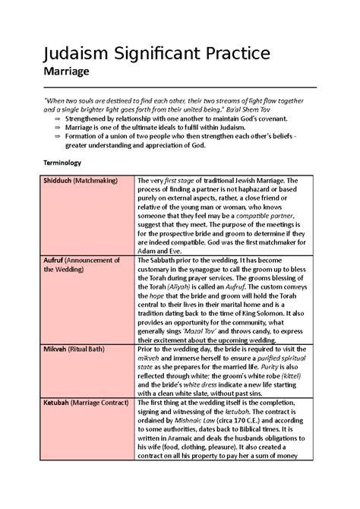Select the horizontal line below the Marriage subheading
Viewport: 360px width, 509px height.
179,87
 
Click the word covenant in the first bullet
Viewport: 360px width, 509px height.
281,119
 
